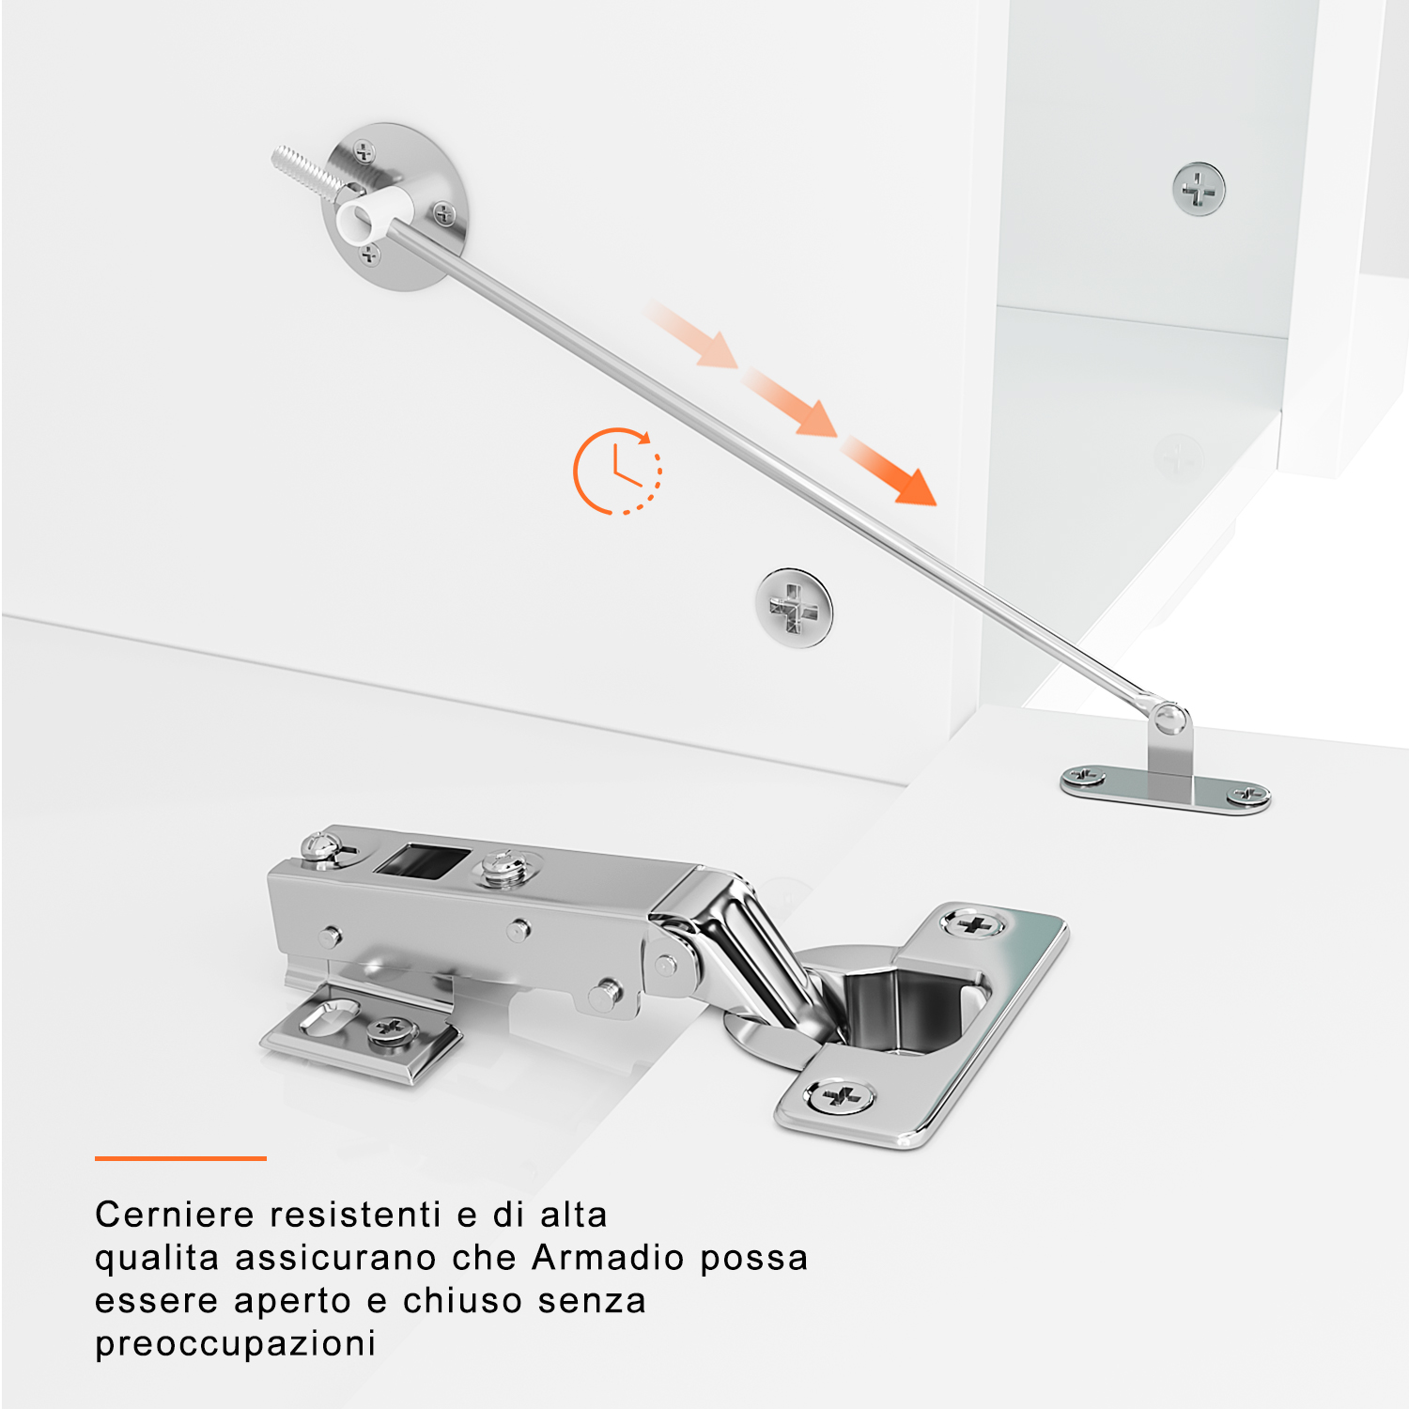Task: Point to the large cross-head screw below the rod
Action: (x=795, y=607)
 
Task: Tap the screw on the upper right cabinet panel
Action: (x=1199, y=189)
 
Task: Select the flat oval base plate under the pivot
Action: (x=1165, y=788)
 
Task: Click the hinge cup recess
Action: (x=902, y=1010)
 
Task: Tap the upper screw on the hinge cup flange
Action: (x=973, y=924)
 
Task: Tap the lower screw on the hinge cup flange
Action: (x=840, y=1095)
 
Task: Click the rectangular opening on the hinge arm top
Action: (x=421, y=859)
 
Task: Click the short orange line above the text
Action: (x=180, y=1158)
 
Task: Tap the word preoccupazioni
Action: (x=236, y=1344)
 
